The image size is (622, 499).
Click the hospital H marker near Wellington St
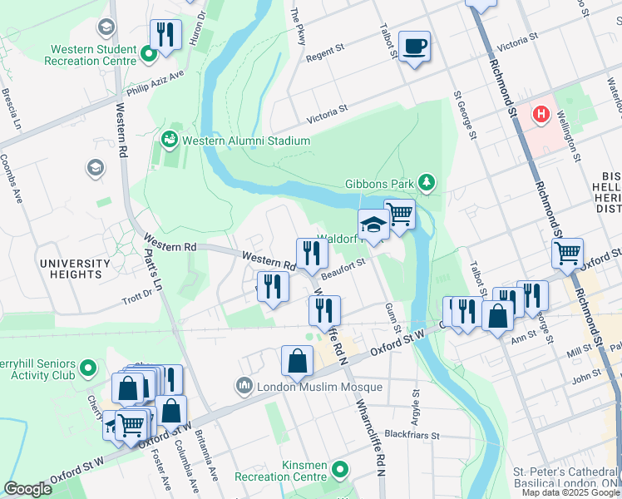tap(542, 113)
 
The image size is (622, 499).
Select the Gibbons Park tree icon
tap(427, 182)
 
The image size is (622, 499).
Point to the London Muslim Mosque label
tap(319, 387)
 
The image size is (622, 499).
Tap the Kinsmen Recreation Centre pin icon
tap(339, 471)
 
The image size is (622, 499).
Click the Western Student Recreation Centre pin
tap(150, 56)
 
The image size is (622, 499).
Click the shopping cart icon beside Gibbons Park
tap(400, 213)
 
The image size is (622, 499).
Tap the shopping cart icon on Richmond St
tap(567, 252)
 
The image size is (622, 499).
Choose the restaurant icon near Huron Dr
tap(165, 35)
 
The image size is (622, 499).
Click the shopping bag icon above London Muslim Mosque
tap(297, 361)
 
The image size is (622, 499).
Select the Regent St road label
tap(325, 52)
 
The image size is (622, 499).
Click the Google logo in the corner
tap(27, 489)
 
